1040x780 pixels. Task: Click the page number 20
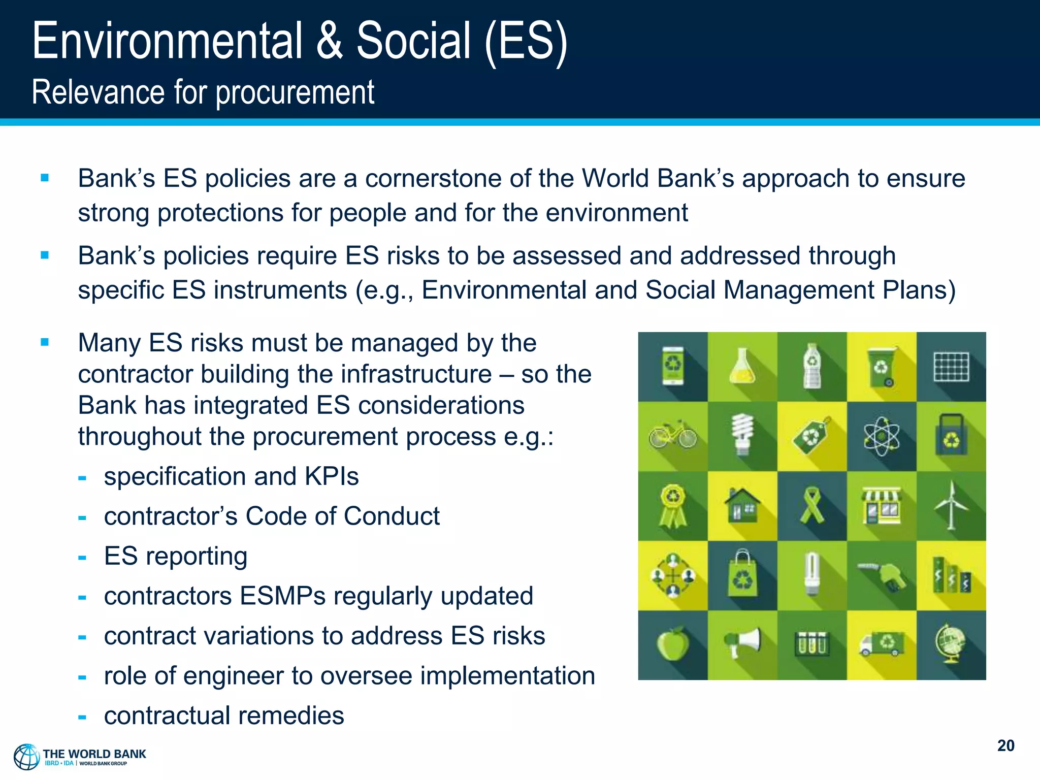coord(1005,745)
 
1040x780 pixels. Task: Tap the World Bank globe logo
coord(26,757)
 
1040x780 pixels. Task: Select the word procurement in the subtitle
coord(295,93)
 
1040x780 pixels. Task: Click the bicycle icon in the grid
coord(673,436)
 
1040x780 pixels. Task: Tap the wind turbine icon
coord(951,506)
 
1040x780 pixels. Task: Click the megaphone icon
coord(742,642)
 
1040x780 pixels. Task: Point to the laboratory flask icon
coord(742,366)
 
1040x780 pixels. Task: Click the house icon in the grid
coord(742,505)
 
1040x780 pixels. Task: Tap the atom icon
coord(882,436)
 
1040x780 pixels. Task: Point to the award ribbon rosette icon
coord(673,505)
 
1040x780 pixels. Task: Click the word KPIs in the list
coord(332,476)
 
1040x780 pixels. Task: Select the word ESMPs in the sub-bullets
coord(282,596)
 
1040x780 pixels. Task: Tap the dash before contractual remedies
coord(82,717)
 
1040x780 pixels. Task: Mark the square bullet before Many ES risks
coord(45,342)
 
